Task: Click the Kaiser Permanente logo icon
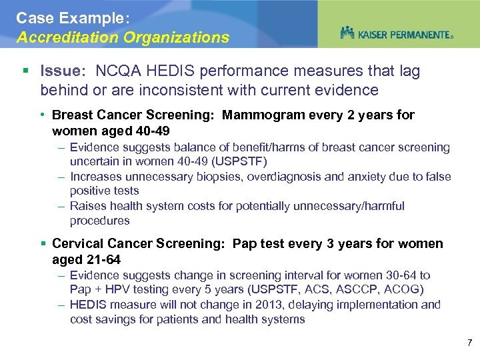click(x=347, y=33)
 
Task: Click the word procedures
click(x=99, y=221)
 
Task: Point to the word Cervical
click(x=76, y=244)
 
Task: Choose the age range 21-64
click(x=103, y=260)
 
